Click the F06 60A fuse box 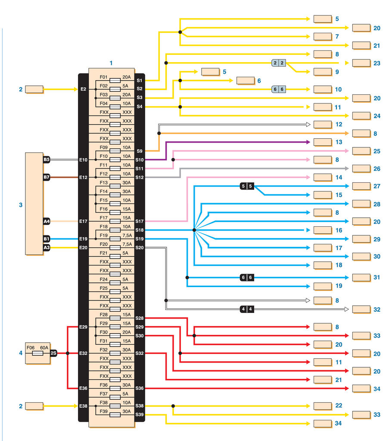click(x=37, y=353)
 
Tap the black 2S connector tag click(x=53, y=353)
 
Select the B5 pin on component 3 click(x=47, y=160)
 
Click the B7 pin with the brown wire click(x=47, y=177)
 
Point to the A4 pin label click(x=47, y=221)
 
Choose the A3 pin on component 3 click(x=47, y=247)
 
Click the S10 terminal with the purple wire click(x=139, y=160)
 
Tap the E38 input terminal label click(x=83, y=406)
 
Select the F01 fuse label click(x=103, y=77)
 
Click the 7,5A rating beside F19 click(x=127, y=236)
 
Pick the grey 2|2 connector click(x=278, y=63)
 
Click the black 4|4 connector click(x=247, y=309)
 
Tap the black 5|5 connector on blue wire click(x=247, y=186)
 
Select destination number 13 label click(x=338, y=142)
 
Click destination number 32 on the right click(x=377, y=309)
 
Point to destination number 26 click(x=377, y=169)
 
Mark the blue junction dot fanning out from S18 click(x=194, y=230)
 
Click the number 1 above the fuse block click(x=111, y=63)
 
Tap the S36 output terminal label click(x=139, y=388)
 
